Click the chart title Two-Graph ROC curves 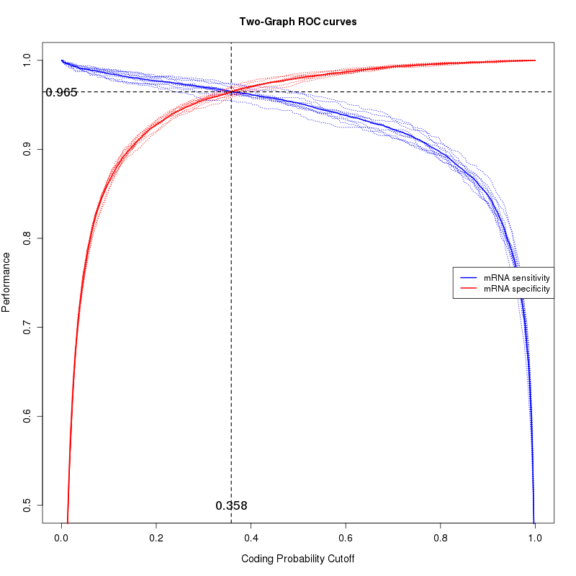(297, 22)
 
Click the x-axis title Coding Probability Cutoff (297, 559)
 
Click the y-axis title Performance (6, 282)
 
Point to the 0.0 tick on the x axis (62, 536)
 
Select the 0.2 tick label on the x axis (156, 536)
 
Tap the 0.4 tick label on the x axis (251, 536)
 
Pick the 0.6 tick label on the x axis (346, 536)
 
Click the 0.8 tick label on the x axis (441, 536)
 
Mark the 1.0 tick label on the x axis (535, 536)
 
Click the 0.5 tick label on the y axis (27, 505)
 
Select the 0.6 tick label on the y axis (27, 416)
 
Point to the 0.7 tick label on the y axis (27, 328)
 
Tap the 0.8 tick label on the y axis (27, 238)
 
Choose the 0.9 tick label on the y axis (27, 149)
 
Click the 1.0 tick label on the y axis (27, 60)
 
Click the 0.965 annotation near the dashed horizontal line (61, 92)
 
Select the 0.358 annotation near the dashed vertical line (231, 505)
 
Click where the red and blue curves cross (231, 91)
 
